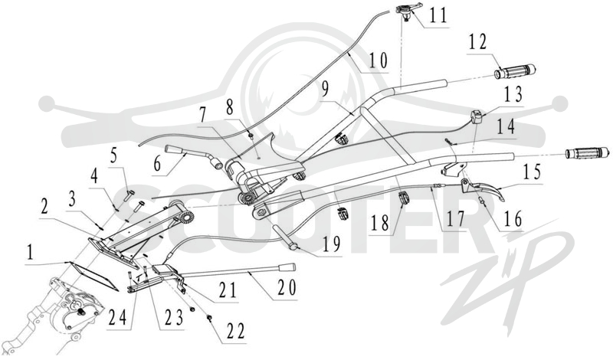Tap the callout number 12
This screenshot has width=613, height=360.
point(477,42)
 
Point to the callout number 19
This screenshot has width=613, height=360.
point(331,244)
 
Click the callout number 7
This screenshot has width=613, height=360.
point(202,117)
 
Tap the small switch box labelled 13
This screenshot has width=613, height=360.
point(477,117)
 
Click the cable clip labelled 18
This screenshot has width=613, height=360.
point(404,198)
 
